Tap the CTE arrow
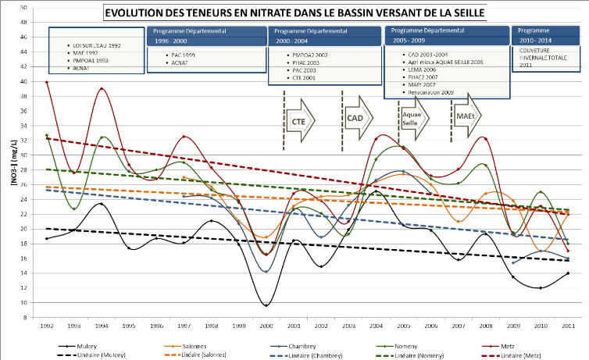(298, 122)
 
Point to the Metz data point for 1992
(47, 82)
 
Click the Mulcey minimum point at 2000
(266, 305)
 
